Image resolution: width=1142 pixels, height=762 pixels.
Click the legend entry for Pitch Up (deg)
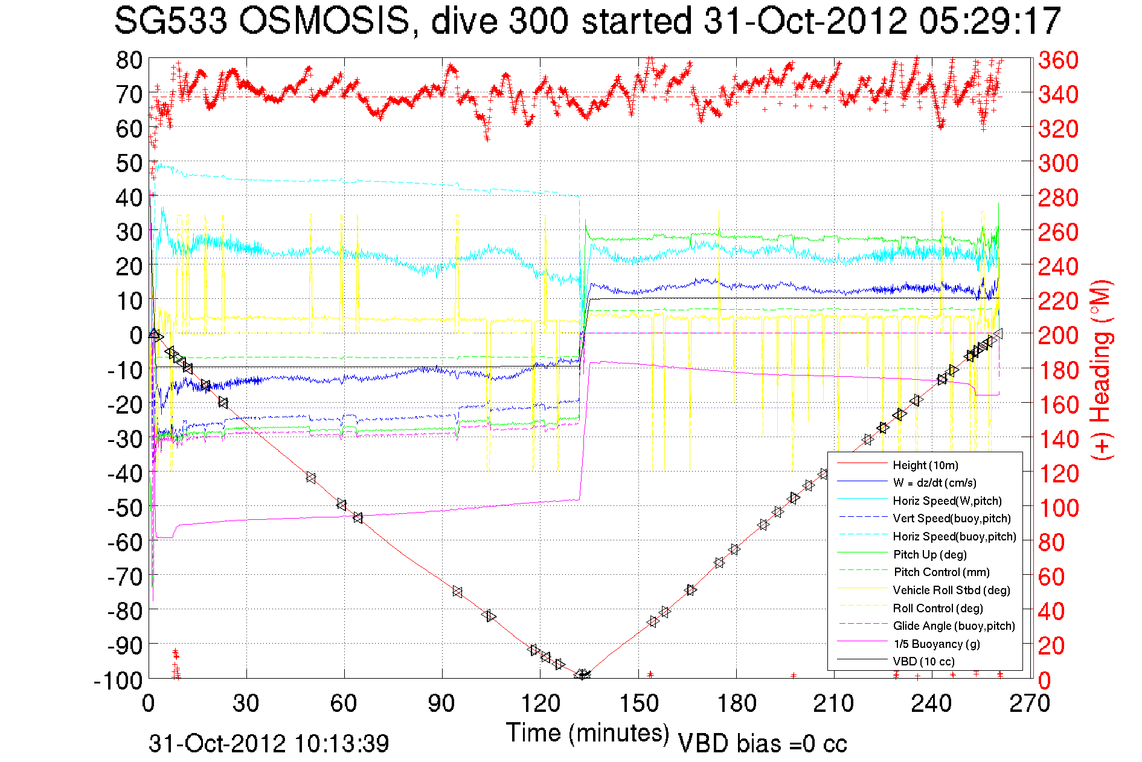coord(929,554)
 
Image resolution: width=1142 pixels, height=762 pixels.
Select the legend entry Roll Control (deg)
coord(937,608)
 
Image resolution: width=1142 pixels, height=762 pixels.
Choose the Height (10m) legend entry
coord(925,465)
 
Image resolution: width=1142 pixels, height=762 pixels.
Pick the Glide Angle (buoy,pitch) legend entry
coord(954,626)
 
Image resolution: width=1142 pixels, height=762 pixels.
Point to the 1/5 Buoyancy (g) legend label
coord(937,644)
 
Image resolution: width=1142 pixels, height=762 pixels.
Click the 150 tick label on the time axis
coord(638,703)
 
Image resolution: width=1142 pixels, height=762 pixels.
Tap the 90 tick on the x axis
coord(442,703)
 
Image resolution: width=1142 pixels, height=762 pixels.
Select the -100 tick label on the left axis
coord(118,680)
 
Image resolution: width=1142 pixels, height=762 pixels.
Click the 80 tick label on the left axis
coord(129,60)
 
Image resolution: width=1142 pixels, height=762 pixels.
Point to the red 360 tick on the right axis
coord(1058,60)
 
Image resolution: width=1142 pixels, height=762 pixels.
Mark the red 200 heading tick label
coord(1058,335)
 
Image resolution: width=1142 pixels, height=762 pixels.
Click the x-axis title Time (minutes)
coord(588,732)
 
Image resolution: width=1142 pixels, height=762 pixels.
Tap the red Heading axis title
coord(1101,370)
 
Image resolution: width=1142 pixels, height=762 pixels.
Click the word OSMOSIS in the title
coord(324,22)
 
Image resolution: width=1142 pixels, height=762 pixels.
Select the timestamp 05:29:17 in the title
coord(990,22)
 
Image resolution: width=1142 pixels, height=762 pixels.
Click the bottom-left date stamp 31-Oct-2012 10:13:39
coord(269,743)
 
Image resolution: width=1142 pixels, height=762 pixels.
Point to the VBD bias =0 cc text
coord(762,743)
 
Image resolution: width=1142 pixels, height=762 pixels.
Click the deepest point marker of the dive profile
coord(583,674)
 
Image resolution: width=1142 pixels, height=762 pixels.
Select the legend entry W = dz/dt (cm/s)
coord(934,483)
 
